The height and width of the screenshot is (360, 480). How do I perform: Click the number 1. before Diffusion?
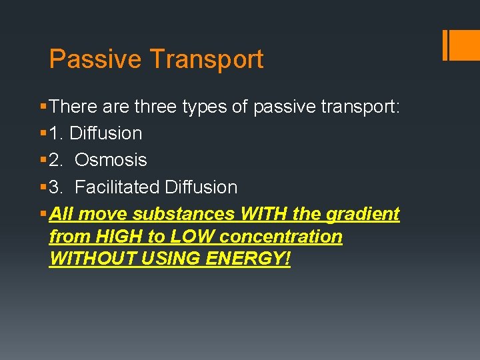click(x=57, y=133)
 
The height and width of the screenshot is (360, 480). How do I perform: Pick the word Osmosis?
click(x=111, y=160)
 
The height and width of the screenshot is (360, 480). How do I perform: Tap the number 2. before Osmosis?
click(x=57, y=160)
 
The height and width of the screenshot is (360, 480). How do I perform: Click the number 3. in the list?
click(x=57, y=187)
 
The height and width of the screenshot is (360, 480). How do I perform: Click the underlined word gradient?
click(x=363, y=214)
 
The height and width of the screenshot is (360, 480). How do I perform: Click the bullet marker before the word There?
click(x=43, y=107)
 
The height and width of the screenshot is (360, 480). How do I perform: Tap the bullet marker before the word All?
click(x=43, y=214)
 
